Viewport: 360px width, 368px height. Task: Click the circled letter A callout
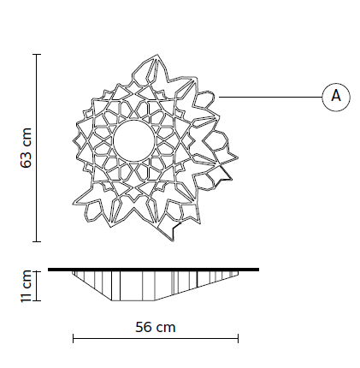point(336,97)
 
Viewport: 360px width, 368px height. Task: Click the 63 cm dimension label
point(26,148)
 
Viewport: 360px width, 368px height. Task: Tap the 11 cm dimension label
point(26,286)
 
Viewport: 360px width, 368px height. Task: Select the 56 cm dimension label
point(156,327)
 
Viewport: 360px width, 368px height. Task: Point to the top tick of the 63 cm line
point(37,54)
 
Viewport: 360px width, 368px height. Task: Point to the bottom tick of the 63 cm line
point(37,242)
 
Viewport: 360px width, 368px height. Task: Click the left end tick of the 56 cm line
point(74,339)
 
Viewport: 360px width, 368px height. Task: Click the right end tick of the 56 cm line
point(238,339)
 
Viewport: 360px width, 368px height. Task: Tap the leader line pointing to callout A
point(270,97)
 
